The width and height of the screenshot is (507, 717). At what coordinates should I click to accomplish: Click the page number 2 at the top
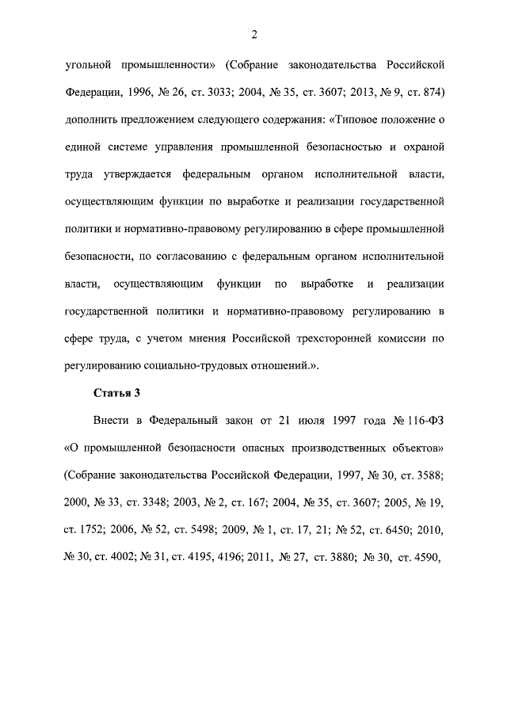click(x=253, y=34)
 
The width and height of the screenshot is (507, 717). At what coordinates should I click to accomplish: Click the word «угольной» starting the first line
click(x=89, y=64)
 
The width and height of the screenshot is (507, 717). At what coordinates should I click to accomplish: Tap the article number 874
click(x=429, y=92)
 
